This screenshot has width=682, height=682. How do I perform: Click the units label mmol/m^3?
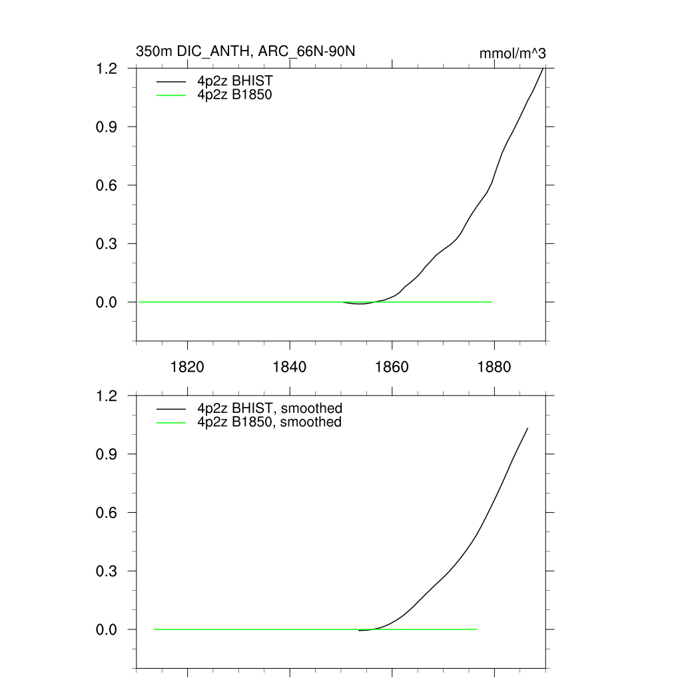[513, 53]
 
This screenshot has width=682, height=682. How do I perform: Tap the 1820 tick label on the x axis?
[188, 367]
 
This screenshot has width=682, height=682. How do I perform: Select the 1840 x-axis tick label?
[290, 367]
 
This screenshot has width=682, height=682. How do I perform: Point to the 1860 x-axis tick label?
[392, 367]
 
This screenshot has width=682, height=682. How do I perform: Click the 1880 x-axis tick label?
[494, 367]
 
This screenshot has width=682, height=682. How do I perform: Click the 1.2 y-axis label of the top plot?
[108, 69]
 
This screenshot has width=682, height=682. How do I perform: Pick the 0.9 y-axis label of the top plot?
[108, 127]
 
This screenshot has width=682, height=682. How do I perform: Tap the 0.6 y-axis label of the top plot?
[108, 185]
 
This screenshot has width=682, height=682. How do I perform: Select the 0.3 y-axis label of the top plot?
[108, 244]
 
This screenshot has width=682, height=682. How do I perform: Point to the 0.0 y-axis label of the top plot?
[108, 302]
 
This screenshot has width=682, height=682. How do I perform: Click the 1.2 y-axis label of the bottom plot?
[108, 396]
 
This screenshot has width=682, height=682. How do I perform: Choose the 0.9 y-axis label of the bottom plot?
[108, 454]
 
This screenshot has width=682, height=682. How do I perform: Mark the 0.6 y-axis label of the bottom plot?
[108, 513]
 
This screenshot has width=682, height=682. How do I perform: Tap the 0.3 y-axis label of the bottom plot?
[108, 571]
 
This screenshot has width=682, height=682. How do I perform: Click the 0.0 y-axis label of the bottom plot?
[108, 629]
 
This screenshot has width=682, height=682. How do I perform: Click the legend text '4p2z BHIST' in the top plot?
[235, 81]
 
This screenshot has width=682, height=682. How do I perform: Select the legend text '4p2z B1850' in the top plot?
[235, 95]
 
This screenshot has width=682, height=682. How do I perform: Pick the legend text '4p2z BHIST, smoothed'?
[269, 408]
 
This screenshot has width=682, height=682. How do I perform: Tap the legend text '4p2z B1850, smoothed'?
[269, 422]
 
